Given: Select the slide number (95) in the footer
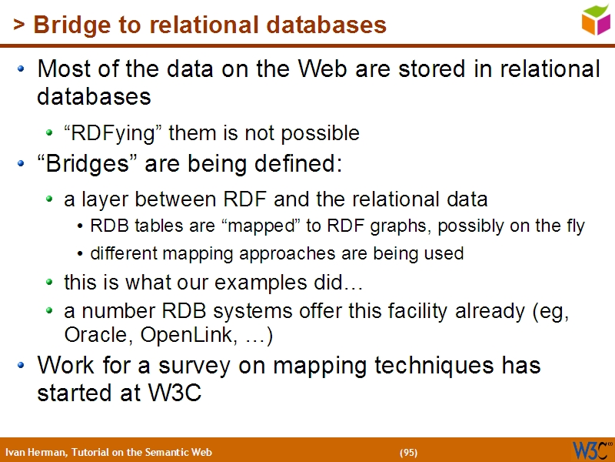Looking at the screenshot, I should (x=408, y=452).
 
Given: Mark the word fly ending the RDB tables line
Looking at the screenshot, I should (x=574, y=226).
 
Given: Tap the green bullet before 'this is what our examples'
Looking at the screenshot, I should (x=50, y=283).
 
